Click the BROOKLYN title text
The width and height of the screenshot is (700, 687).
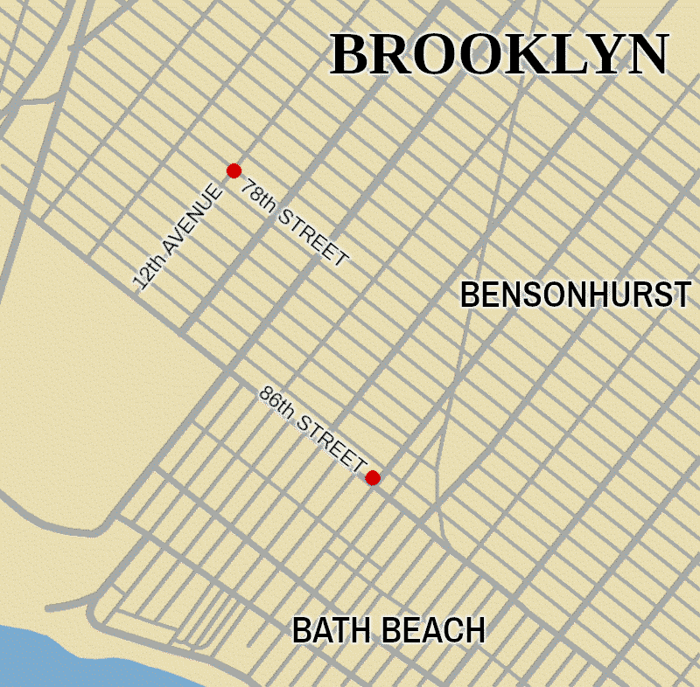500,55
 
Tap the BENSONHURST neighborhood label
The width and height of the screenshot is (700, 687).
576,295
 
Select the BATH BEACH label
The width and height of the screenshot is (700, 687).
388,630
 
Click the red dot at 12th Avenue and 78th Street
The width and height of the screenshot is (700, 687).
234,170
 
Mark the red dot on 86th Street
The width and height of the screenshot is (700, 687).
373,477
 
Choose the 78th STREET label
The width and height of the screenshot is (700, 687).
294,223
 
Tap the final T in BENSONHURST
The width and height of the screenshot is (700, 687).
683,295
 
